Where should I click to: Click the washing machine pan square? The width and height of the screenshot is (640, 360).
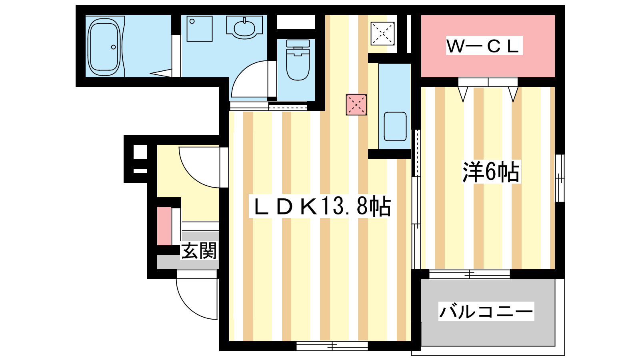[x=199, y=28]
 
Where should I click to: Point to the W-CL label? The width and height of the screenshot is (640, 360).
[x=484, y=46]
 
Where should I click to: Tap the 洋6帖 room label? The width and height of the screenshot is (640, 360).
[x=491, y=172]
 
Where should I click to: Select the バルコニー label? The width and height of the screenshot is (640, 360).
[x=486, y=311]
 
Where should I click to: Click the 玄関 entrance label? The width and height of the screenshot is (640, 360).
[x=199, y=251]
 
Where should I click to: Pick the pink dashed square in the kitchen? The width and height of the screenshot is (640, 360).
[x=356, y=105]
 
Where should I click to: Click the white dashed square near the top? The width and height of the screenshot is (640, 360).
[x=383, y=34]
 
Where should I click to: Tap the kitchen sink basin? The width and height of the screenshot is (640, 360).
[x=395, y=126]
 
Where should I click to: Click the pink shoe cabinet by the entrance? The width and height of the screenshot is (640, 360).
[x=164, y=226]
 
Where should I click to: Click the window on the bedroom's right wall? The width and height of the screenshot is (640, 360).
[x=560, y=178]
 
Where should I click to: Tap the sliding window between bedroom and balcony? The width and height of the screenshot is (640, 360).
[x=470, y=274]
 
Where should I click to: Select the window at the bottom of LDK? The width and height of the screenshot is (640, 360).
[x=332, y=346]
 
